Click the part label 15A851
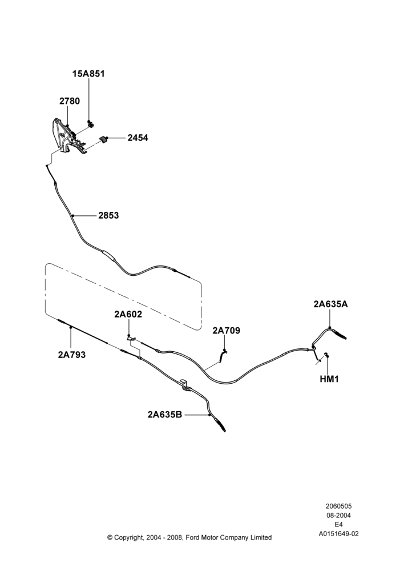point(88,74)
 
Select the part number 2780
point(70,101)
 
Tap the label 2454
point(138,138)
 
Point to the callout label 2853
point(108,216)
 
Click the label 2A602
point(128,314)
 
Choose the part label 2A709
point(227,331)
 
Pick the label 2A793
point(72,355)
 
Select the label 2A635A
point(330,304)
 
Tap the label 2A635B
point(164,415)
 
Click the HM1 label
point(329,379)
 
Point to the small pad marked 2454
point(103,139)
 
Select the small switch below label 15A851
point(90,124)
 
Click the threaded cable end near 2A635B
point(220,425)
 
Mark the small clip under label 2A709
point(223,356)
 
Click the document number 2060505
point(338,506)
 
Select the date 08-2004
point(338,515)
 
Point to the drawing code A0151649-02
point(338,534)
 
